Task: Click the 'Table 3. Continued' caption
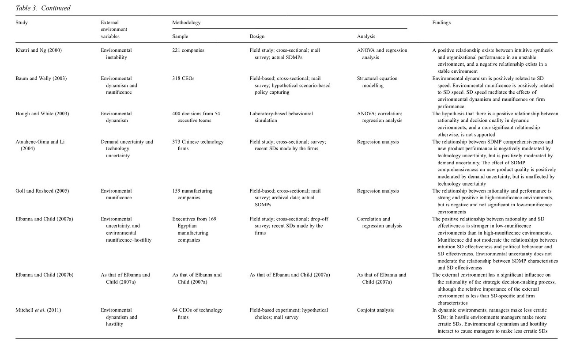43,8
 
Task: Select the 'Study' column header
21,23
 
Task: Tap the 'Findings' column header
441,23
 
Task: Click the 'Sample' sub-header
180,36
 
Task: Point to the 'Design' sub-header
257,36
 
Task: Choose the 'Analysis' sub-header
366,36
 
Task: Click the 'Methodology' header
186,23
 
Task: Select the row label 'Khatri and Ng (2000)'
38,50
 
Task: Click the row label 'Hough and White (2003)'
42,114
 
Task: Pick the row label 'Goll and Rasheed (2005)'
42,191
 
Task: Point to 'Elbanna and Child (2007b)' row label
44,275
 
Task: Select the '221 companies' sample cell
188,50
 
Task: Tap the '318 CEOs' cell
183,79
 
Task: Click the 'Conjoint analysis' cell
375,310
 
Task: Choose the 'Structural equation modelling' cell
377,82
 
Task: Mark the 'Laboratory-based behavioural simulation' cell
281,117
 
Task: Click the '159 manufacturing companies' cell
192,194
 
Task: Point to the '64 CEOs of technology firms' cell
197,314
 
